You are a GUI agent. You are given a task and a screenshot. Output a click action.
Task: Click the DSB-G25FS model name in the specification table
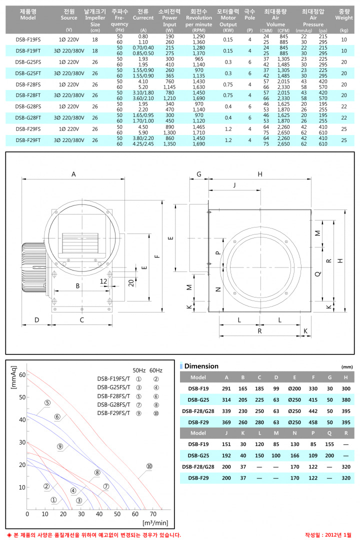click(x=28, y=62)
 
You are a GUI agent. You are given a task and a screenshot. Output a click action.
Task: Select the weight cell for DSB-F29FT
click(x=344, y=140)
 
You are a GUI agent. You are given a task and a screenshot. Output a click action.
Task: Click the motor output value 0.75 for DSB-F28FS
click(x=228, y=84)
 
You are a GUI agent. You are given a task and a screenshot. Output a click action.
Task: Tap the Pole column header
click(x=250, y=14)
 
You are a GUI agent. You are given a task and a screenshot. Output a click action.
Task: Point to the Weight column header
click(x=344, y=14)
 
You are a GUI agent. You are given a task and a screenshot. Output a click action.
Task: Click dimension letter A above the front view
click(x=73, y=174)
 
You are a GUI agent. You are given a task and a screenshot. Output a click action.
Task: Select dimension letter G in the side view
click(x=199, y=174)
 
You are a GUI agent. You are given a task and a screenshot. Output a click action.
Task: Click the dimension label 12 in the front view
click(x=103, y=281)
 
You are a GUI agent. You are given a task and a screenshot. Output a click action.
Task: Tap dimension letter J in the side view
click(x=234, y=185)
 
